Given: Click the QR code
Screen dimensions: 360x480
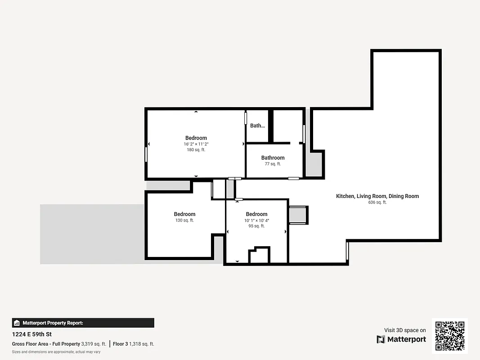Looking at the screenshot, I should [450, 336].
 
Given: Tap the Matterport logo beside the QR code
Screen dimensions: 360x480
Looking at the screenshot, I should [401, 339].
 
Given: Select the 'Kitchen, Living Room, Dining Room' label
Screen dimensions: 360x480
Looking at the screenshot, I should [377, 196].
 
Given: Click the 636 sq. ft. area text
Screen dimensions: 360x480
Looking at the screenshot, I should [377, 202].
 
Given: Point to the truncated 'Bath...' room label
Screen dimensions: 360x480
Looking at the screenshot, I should [257, 126].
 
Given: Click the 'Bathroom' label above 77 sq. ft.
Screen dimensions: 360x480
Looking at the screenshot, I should [273, 157].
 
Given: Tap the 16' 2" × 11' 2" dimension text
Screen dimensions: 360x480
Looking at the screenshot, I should [196, 144].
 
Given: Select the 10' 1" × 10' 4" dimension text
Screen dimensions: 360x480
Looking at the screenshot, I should [256, 220].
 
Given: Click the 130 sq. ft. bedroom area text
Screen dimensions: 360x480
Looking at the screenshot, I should [184, 220].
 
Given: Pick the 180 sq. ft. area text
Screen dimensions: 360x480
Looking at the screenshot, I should [196, 150].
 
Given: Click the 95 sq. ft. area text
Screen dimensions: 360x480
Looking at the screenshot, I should [256, 226].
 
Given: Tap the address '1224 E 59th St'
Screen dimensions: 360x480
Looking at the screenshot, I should [31, 334].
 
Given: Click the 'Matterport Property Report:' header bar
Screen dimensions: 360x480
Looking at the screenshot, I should [83, 323].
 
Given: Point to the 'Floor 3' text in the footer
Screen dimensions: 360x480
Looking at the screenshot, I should [120, 344].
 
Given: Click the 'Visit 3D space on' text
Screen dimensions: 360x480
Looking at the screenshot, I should [405, 330].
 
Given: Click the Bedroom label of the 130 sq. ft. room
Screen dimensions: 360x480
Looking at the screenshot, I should [184, 214].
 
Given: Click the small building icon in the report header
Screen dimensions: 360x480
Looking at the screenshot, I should [17, 323].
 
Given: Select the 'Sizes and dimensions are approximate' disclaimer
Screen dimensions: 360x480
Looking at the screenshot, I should [56, 352].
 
